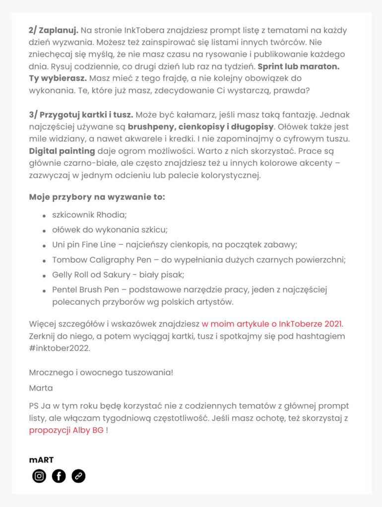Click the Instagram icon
(x=39, y=476)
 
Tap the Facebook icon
(x=59, y=476)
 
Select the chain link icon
(x=78, y=476)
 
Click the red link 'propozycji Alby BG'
(x=66, y=430)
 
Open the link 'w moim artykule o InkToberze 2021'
(x=272, y=324)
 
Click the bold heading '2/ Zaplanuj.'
(x=54, y=31)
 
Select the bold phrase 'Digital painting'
(x=62, y=151)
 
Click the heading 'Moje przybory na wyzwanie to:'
(x=97, y=197)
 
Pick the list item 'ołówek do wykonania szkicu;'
(x=110, y=230)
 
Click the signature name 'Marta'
(x=41, y=388)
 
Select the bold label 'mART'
(x=41, y=460)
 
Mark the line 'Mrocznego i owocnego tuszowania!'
(x=101, y=372)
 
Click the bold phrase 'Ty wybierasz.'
(x=58, y=78)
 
